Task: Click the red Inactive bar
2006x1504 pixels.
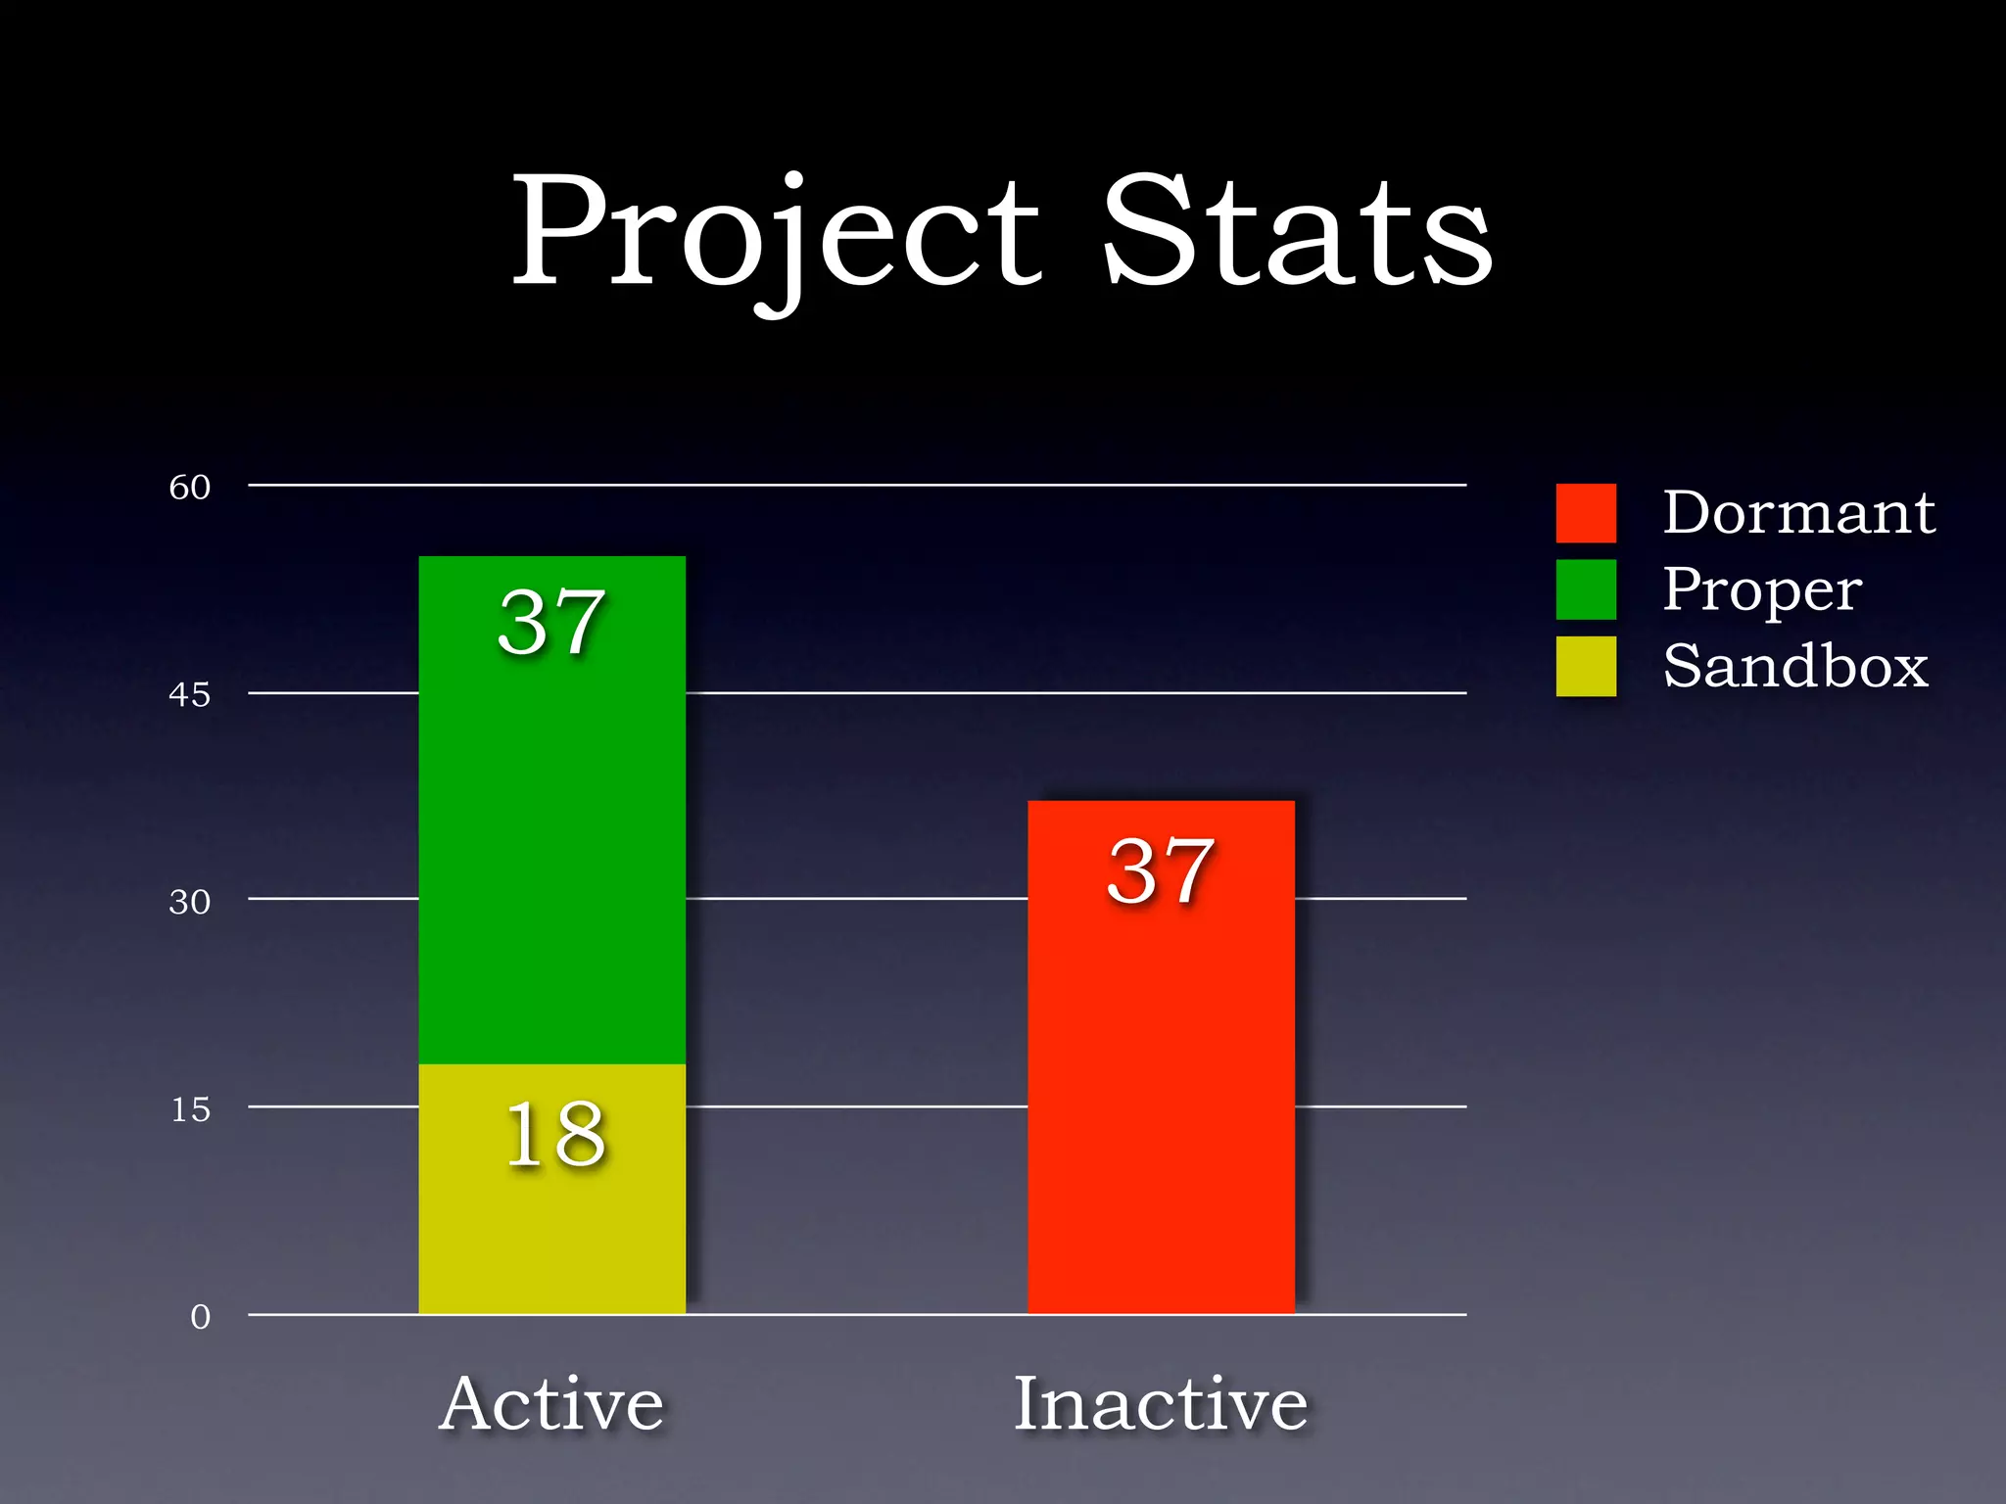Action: click(1161, 1077)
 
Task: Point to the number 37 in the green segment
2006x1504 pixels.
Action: click(552, 623)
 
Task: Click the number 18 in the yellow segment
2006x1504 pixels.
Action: click(555, 1134)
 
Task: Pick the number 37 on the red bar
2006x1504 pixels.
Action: click(1162, 870)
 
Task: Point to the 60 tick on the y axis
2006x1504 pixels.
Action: click(190, 487)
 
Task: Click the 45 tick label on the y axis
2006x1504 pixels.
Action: click(190, 694)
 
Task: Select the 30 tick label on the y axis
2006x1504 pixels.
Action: click(190, 901)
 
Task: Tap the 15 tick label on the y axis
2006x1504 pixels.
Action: click(191, 1109)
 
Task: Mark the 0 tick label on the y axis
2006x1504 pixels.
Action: click(200, 1317)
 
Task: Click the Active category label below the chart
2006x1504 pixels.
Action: click(552, 1403)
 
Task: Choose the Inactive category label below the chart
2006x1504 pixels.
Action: click(1161, 1403)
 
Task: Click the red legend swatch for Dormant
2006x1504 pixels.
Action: click(1586, 513)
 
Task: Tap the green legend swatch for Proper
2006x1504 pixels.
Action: click(1586, 589)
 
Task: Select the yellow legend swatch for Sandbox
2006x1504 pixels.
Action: click(1586, 666)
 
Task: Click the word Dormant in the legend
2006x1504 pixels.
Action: click(1799, 512)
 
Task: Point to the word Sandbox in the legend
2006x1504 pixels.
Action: click(1795, 666)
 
